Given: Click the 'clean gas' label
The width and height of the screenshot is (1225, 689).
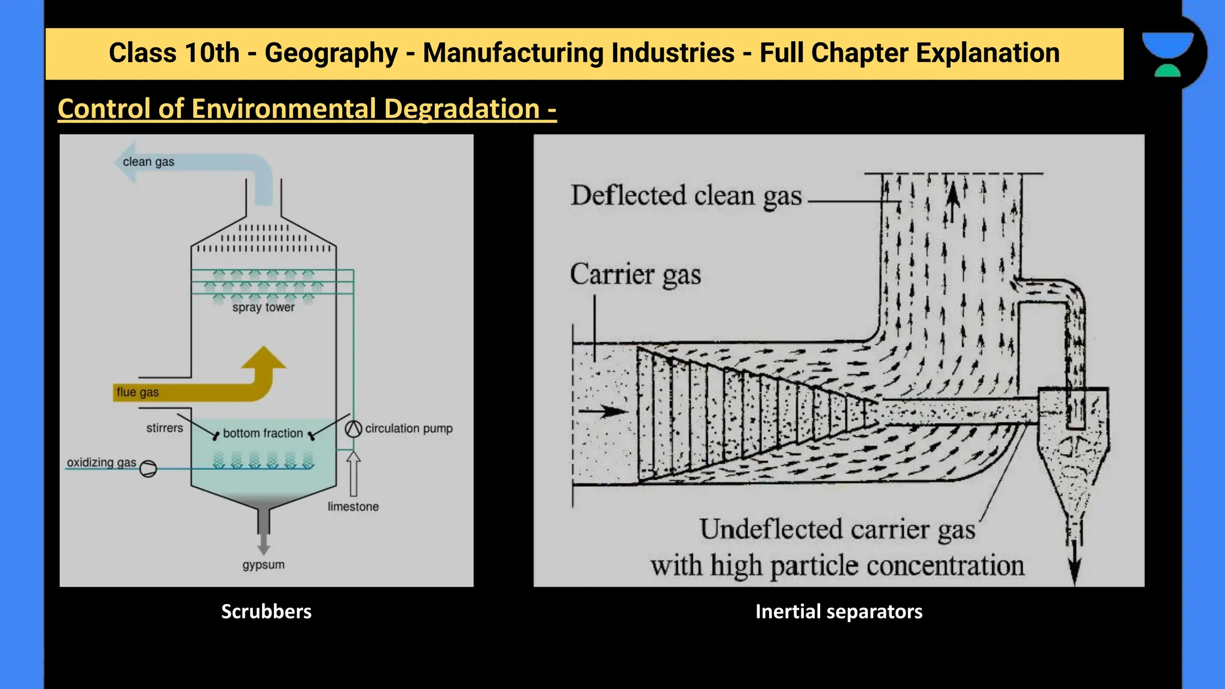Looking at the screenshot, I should coord(148,161).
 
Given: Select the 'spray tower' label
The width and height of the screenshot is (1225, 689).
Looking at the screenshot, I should coord(263,307).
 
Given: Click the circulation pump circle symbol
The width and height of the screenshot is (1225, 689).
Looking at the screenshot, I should coord(354,429).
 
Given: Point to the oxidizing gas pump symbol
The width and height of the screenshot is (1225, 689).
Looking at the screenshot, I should coord(148,468).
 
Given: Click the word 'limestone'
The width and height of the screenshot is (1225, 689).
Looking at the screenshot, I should coord(353,507).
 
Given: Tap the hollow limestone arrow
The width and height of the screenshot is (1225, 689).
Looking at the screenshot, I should coord(354,472).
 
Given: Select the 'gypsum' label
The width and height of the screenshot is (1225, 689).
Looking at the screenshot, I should coord(263,565).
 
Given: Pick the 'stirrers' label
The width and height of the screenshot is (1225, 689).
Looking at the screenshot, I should coord(164,428).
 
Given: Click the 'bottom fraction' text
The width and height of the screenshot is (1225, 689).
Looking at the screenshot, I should coord(263,433).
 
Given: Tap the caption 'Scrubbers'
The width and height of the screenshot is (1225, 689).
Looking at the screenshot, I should coord(266,611).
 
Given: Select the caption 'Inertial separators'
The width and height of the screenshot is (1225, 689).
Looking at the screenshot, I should coord(839,611).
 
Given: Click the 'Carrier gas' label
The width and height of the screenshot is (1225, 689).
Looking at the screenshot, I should coord(635,275).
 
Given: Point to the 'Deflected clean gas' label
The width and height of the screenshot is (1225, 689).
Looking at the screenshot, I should coord(686,196).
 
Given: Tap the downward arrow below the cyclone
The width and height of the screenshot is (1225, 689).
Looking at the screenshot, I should coord(1075,562).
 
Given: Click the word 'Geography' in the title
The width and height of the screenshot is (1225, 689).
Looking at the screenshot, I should coord(331,53).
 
